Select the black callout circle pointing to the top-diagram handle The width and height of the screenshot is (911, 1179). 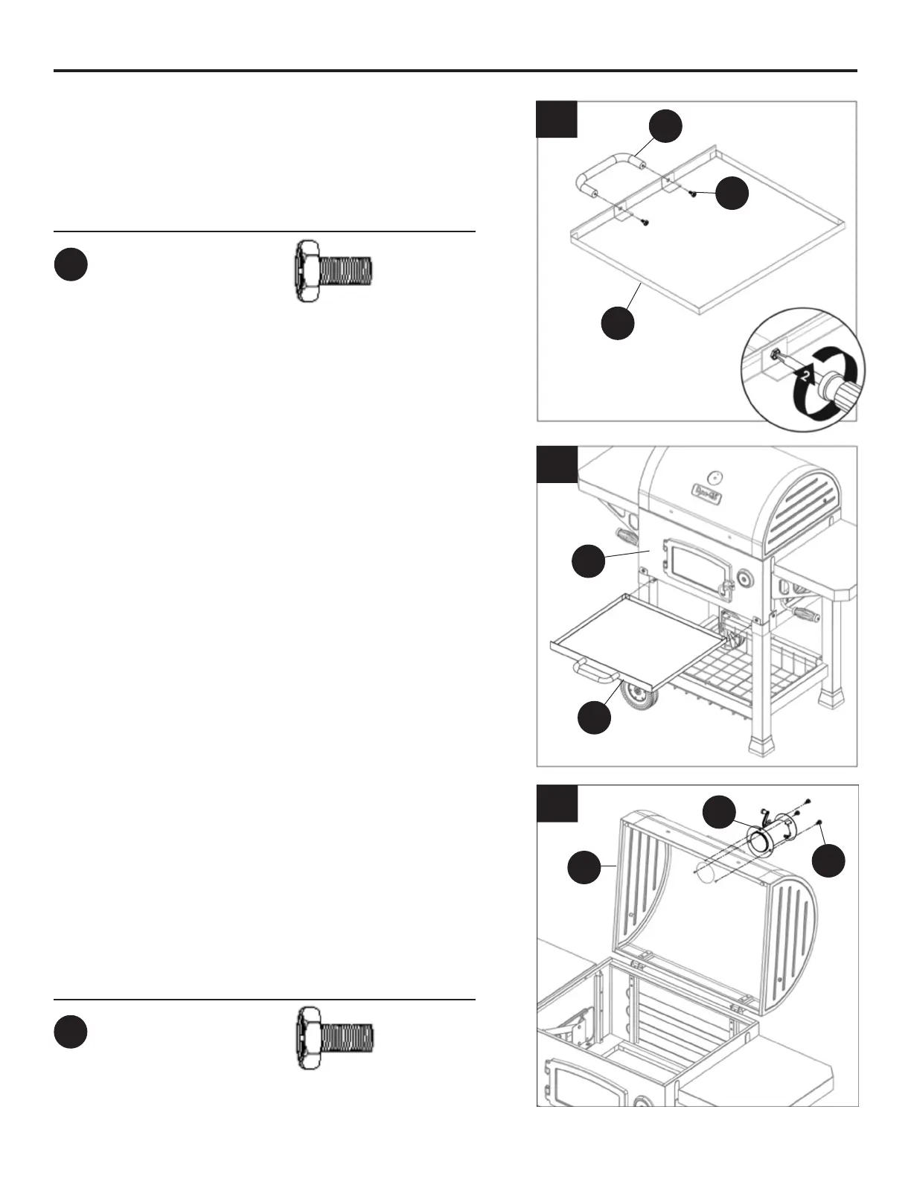665,127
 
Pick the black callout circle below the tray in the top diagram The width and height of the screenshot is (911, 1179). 618,324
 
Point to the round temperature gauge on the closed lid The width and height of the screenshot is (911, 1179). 715,476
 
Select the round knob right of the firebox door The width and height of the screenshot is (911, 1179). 744,578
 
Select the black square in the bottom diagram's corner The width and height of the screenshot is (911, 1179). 557,803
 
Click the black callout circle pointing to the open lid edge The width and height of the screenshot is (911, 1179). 584,869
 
